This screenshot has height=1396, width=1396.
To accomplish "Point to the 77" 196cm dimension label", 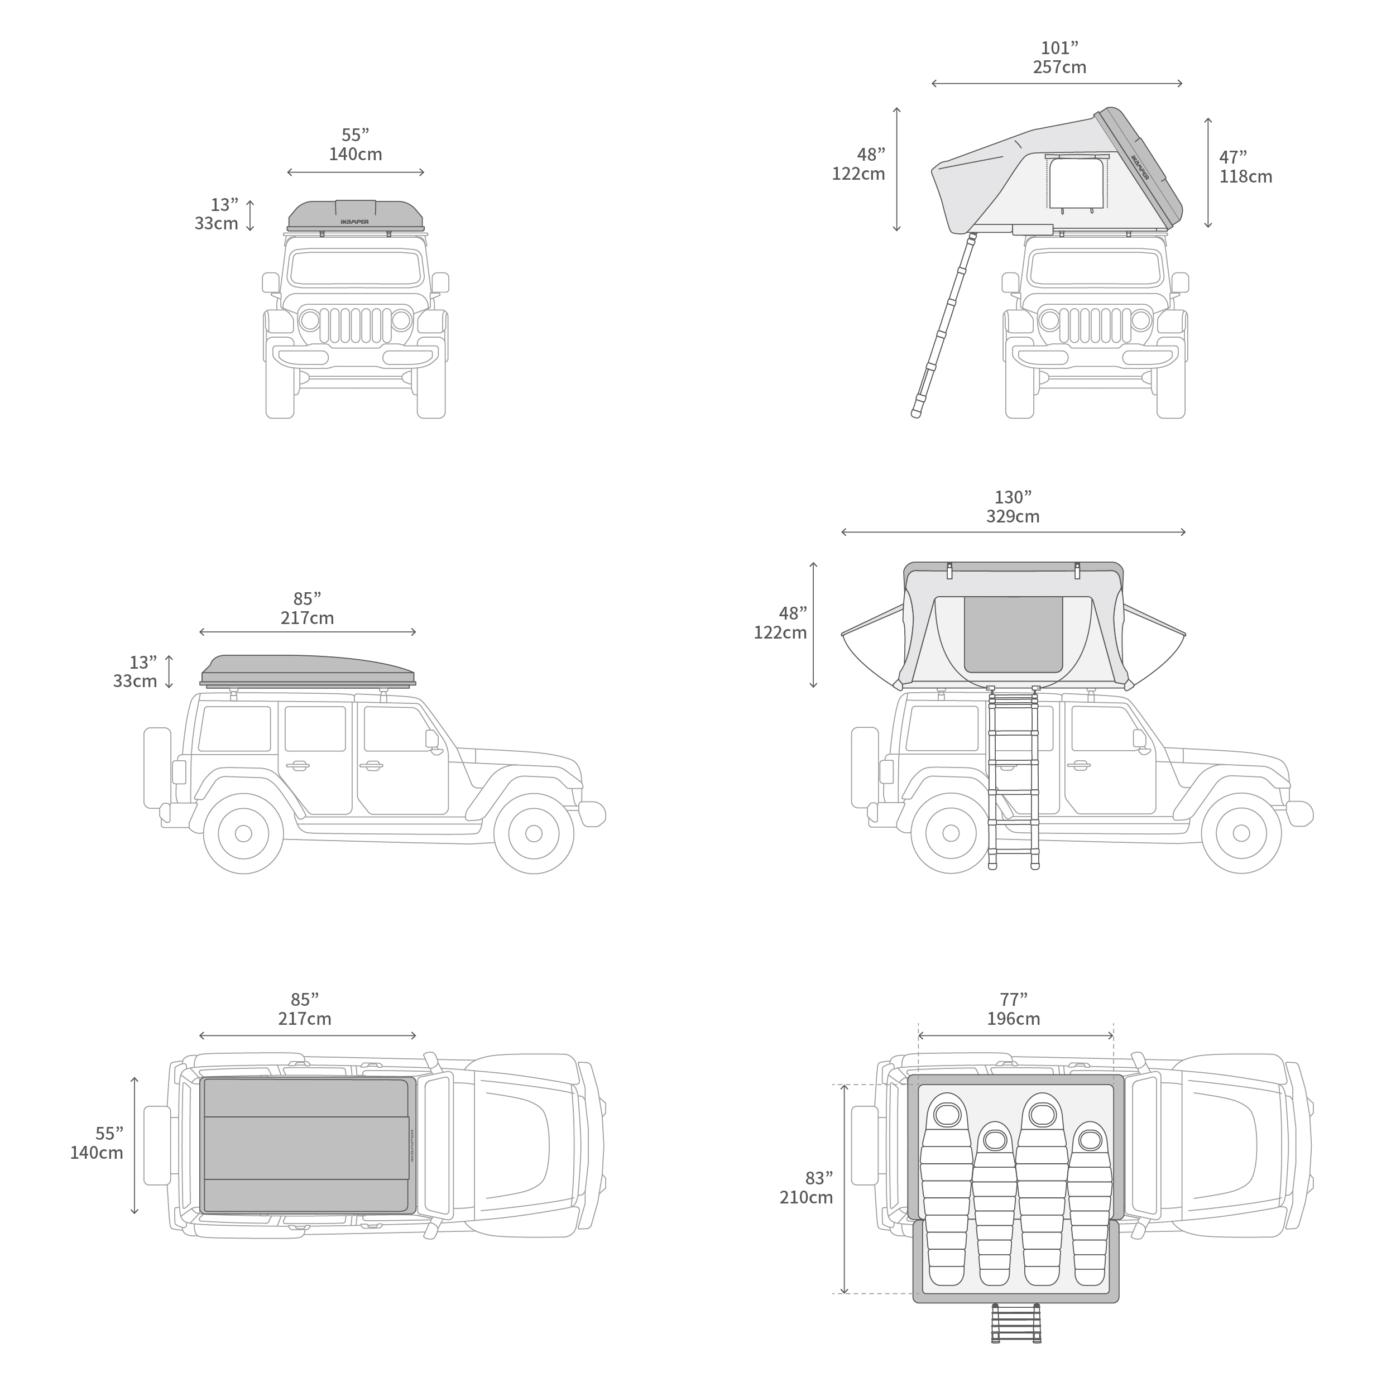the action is pyautogui.click(x=1014, y=1009).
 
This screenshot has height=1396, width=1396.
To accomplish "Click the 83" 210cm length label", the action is pyautogui.click(x=807, y=1188).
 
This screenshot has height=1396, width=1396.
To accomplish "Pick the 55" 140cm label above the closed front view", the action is pyautogui.click(x=356, y=145).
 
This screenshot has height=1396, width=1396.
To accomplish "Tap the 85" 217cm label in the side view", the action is pyautogui.click(x=307, y=608).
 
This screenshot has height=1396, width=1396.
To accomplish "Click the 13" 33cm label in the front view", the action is pyautogui.click(x=216, y=214).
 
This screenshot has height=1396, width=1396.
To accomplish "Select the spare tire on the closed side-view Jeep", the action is pyautogui.click(x=157, y=767).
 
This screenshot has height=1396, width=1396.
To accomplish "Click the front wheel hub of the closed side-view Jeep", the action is pyautogui.click(x=534, y=834).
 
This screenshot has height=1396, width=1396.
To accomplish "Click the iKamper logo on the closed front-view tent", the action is pyautogui.click(x=355, y=222).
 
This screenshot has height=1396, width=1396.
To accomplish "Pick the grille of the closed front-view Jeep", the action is pyautogui.click(x=356, y=326).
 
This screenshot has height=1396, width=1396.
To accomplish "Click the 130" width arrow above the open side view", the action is pyautogui.click(x=1014, y=533).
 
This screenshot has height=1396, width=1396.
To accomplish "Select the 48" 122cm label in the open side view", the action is pyautogui.click(x=780, y=623).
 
